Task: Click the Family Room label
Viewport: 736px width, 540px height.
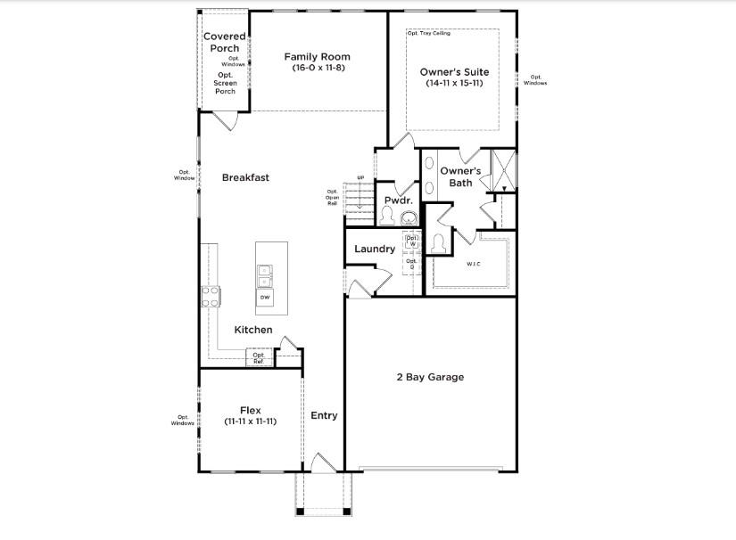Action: click(x=317, y=57)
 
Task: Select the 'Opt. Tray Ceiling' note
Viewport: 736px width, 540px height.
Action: click(x=429, y=33)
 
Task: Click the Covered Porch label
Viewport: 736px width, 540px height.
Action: click(x=225, y=42)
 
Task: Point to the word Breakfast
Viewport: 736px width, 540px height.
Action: click(x=245, y=177)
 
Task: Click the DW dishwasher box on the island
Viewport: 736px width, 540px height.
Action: click(x=265, y=296)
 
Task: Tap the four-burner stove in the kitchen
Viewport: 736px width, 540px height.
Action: click(x=210, y=296)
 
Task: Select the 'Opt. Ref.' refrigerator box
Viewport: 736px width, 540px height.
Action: click(x=259, y=358)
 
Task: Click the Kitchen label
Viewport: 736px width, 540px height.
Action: click(x=253, y=330)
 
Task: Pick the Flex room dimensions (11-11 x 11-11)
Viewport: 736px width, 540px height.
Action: click(x=250, y=421)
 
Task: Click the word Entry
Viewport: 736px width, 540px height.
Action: click(x=324, y=415)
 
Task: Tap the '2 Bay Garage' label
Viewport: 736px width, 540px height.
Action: click(x=430, y=377)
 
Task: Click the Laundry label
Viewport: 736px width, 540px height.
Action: click(x=375, y=249)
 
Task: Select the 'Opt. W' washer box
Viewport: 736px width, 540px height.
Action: click(x=411, y=241)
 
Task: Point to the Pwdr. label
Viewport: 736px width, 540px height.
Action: click(x=397, y=200)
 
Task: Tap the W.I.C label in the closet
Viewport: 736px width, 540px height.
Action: click(x=473, y=264)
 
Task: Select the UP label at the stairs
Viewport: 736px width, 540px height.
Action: click(x=360, y=178)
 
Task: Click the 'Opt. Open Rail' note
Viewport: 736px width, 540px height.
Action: click(x=332, y=197)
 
